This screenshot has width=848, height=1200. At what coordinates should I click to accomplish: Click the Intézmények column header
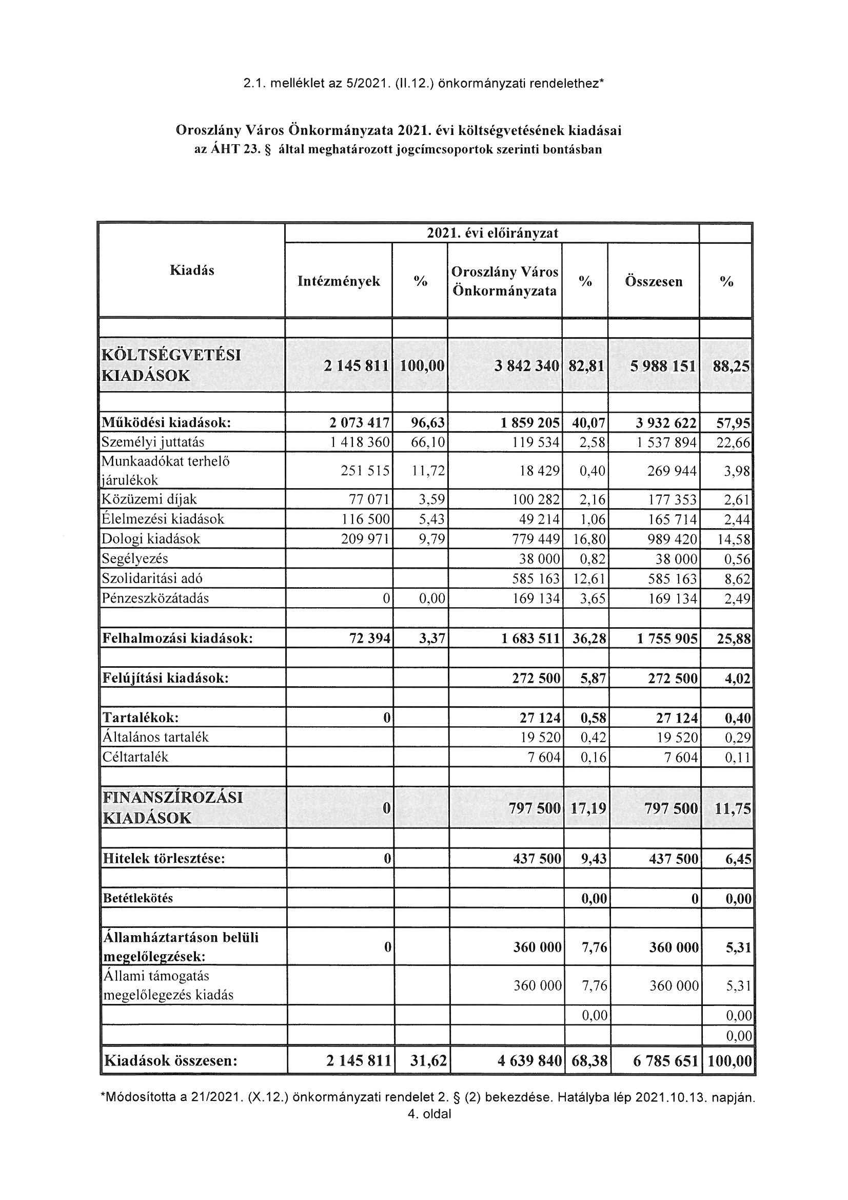[339, 282]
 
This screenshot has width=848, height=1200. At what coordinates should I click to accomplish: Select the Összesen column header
[654, 282]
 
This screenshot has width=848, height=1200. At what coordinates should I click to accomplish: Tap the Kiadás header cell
[192, 270]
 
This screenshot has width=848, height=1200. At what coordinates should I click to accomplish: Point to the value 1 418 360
[360, 442]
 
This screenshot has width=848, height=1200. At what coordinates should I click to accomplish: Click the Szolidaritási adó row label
[152, 578]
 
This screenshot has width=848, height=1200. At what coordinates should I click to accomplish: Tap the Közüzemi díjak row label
[149, 499]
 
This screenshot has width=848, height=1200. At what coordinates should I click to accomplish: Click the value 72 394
[370, 638]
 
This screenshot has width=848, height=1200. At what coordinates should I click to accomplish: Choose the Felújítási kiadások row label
[166, 679]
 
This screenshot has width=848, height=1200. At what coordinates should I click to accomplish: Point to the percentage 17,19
[588, 809]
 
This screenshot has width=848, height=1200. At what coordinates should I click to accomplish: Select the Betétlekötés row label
[138, 898]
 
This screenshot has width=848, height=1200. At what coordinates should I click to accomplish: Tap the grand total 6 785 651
[665, 1061]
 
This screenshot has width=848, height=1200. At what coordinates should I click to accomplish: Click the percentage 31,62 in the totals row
[427, 1061]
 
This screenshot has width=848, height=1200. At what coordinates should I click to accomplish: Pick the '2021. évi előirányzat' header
[492, 233]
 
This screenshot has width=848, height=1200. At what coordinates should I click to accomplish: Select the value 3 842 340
[527, 366]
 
